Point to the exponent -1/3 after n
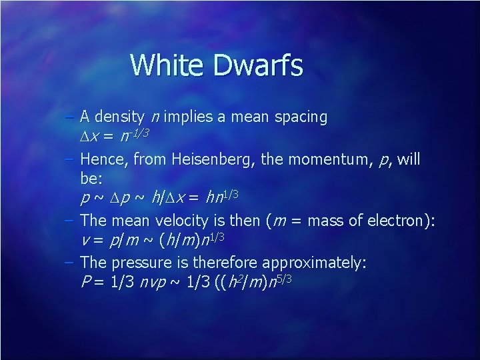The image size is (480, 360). pyautogui.click(x=137, y=133)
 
